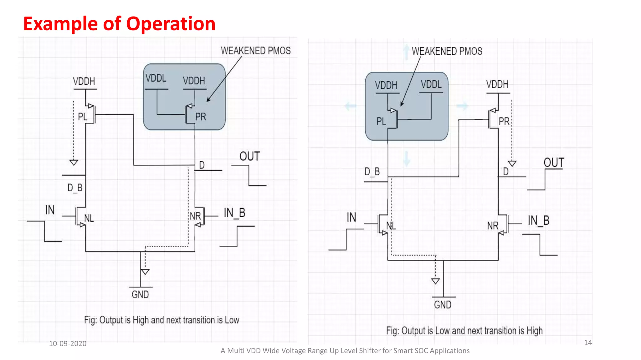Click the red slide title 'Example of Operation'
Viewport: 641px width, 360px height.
tap(119, 24)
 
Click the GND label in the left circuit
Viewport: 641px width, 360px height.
tap(140, 294)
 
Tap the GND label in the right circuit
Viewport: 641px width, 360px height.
tap(443, 305)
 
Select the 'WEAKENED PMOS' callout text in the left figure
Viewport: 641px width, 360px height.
tap(256, 51)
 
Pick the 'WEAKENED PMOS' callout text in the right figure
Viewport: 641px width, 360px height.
tap(447, 51)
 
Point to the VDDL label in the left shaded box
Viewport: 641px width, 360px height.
tap(156, 78)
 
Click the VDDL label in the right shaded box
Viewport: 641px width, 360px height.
tap(431, 84)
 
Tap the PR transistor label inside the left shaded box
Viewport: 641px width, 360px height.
tap(201, 117)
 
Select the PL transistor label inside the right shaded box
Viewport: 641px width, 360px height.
tap(381, 122)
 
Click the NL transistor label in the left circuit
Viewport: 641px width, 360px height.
tap(89, 218)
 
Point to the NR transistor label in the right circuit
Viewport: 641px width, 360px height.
tap(493, 226)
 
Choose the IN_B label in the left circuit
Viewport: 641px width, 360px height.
tap(234, 213)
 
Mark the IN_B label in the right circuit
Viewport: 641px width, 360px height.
tap(539, 221)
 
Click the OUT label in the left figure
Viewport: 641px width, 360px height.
tap(249, 156)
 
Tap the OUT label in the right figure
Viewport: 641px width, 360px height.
tap(554, 163)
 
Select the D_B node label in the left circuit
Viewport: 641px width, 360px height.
tap(75, 188)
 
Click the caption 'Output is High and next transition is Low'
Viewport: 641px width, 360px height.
tap(162, 320)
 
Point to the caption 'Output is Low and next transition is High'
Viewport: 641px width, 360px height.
tap(464, 331)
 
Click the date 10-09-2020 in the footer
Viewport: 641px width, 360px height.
tap(68, 343)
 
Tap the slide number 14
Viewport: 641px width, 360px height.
tap(588, 342)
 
